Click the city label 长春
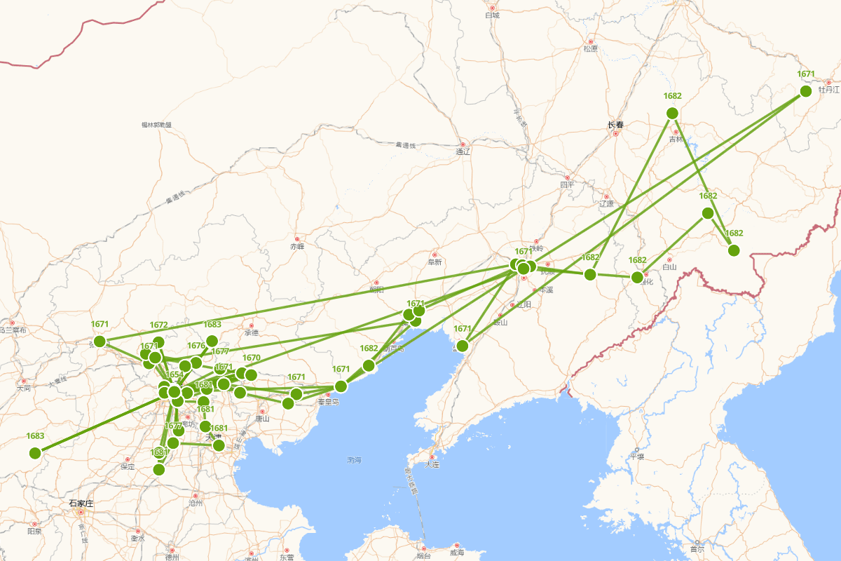click(x=615, y=125)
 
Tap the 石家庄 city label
click(x=81, y=503)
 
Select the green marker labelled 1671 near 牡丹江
click(x=806, y=90)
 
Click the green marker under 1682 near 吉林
click(x=672, y=113)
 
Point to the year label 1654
click(x=175, y=374)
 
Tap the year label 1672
click(x=159, y=325)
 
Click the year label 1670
click(x=252, y=358)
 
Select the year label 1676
click(x=196, y=345)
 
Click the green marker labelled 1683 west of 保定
click(x=35, y=453)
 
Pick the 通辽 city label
click(x=463, y=151)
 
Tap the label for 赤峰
click(x=297, y=246)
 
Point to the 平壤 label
click(x=636, y=457)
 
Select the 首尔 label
click(x=697, y=549)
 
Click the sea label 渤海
click(x=355, y=460)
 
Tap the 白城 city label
click(x=492, y=15)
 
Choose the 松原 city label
click(x=590, y=48)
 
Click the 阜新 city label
click(x=435, y=262)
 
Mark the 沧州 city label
click(x=196, y=503)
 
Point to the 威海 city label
click(x=457, y=553)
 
